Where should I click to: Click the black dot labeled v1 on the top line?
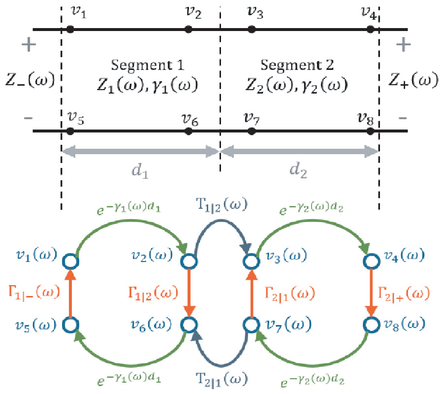point(70,30)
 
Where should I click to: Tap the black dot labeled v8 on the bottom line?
point(371,131)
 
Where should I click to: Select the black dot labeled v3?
point(252,30)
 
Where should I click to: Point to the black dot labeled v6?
point(188,131)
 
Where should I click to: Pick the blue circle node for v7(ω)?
point(252,325)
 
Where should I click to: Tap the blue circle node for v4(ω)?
point(370,260)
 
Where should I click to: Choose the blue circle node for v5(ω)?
point(70,325)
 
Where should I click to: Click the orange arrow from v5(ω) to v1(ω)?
point(70,293)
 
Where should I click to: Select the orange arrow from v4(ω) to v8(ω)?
point(370,293)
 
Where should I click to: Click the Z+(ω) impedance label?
point(412,80)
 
